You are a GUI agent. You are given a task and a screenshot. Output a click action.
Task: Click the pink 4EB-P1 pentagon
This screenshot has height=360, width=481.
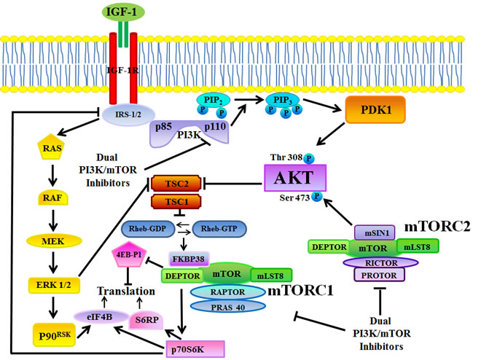pyautogui.click(x=128, y=257)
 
